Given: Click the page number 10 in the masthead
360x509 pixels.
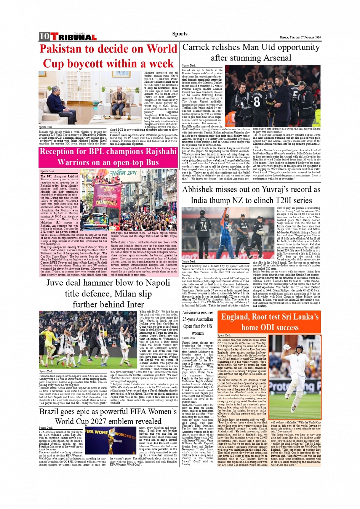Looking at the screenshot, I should [x=44, y=37].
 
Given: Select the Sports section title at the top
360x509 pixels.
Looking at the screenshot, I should [x=179, y=34].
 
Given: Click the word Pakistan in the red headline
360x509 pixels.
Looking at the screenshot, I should [x=61, y=49].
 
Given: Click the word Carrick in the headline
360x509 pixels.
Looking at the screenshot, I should [x=198, y=47].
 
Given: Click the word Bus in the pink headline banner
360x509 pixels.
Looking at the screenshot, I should [x=152, y=162].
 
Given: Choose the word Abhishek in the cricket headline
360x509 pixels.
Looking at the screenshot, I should [x=203, y=189].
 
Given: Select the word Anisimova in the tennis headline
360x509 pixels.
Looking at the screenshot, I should [x=192, y=313].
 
